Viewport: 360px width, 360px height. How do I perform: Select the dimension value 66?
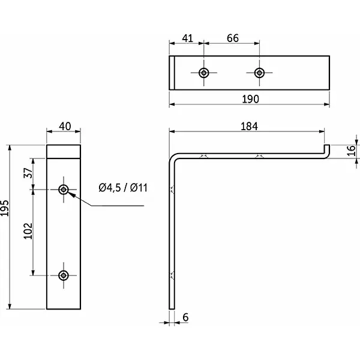pos(232,38)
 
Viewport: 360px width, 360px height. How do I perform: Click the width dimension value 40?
pos(64,126)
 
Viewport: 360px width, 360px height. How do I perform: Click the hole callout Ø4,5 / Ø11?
pos(123,188)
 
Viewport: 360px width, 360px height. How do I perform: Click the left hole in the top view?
pos(204,73)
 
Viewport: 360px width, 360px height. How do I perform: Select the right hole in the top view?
pos(259,73)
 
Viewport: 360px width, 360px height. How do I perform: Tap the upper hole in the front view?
pos(64,190)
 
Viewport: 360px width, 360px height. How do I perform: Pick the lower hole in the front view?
pos(64,275)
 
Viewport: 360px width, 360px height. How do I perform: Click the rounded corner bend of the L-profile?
pos(173,158)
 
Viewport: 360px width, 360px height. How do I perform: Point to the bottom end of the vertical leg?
pos(171,307)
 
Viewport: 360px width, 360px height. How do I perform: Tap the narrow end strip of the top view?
pos(172,73)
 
